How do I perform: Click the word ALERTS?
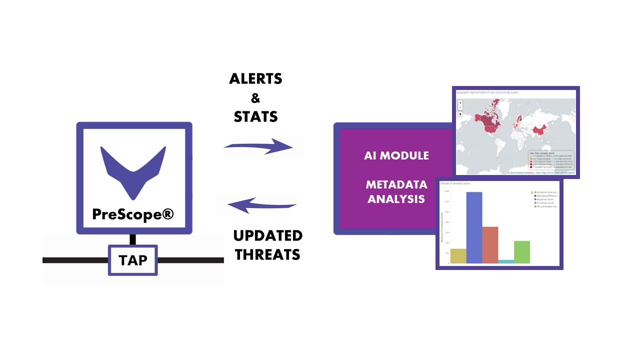click(255, 79)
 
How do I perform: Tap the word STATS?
click(255, 117)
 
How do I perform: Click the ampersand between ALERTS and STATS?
click(255, 98)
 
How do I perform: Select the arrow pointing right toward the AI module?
click(258, 146)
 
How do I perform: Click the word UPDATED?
click(268, 235)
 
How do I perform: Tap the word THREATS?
click(268, 254)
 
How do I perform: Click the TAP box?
click(133, 260)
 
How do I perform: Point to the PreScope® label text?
click(133, 214)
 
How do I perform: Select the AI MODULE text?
click(396, 155)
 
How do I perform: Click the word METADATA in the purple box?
click(396, 186)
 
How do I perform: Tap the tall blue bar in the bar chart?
click(474, 227)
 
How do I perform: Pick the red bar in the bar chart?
click(490, 245)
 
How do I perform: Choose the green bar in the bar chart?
click(522, 252)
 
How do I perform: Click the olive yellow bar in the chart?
click(458, 256)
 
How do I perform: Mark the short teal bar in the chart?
click(506, 261)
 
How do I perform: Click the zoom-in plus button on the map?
click(460, 102)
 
